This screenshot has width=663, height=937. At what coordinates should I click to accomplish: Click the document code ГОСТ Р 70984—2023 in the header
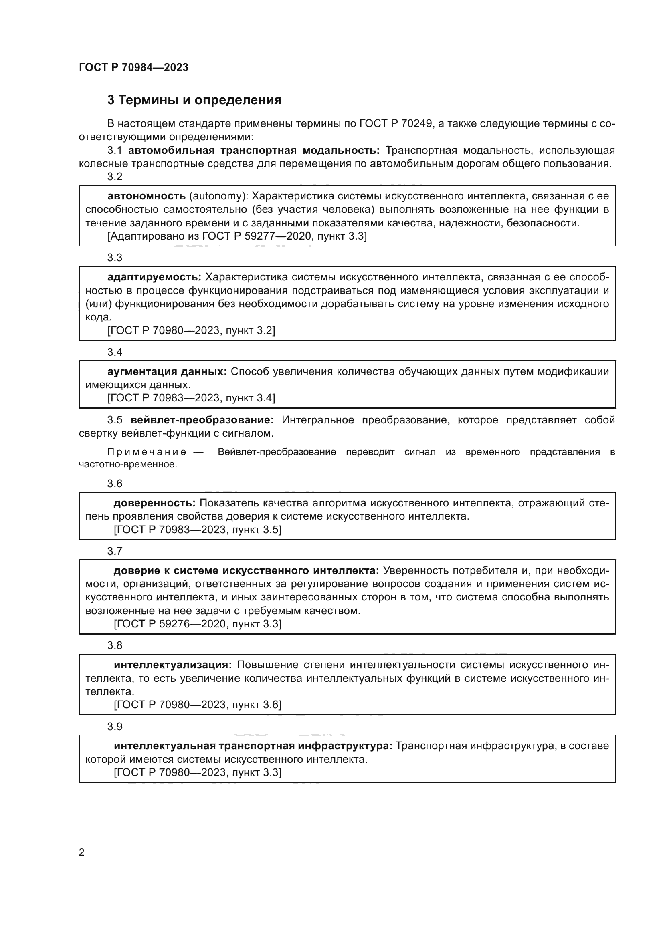(x=133, y=67)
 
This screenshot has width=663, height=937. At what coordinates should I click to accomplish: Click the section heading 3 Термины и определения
(x=194, y=100)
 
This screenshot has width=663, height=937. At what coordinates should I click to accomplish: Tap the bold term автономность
(x=146, y=196)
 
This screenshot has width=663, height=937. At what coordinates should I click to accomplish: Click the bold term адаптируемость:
(x=154, y=277)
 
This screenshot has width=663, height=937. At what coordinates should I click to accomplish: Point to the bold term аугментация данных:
(x=167, y=371)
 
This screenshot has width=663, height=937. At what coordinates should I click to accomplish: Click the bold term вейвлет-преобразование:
(x=202, y=420)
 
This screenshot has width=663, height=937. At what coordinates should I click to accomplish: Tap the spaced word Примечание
(x=147, y=452)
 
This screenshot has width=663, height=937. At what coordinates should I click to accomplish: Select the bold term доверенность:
(x=155, y=503)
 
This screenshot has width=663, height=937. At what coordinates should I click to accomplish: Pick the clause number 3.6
(x=115, y=484)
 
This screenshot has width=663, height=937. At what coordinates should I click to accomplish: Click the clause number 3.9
(x=115, y=726)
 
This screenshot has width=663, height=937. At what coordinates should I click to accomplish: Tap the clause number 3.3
(x=115, y=258)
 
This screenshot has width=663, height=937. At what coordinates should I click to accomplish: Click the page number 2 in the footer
(x=82, y=852)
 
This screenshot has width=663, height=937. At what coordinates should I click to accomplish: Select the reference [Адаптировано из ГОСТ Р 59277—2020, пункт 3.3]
(x=237, y=236)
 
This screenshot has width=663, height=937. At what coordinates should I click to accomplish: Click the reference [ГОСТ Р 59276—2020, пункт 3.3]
(x=198, y=624)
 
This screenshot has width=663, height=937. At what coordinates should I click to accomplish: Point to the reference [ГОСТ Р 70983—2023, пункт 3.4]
(x=191, y=397)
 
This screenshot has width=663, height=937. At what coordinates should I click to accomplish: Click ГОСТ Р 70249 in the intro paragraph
(x=396, y=124)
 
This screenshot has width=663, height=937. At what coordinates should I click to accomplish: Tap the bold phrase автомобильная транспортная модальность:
(x=253, y=151)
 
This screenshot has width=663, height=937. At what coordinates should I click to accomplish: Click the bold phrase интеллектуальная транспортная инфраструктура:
(x=253, y=746)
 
